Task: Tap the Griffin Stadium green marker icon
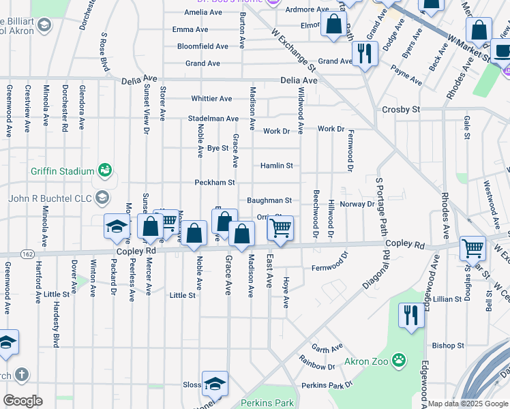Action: point(104,169)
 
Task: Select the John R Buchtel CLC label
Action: point(51,198)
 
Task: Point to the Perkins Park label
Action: point(268,403)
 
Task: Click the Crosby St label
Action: point(401,109)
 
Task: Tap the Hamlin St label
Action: point(276,166)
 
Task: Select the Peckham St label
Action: point(214,183)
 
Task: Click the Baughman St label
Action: point(269,200)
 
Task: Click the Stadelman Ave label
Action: point(213,119)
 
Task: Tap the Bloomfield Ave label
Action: point(202,46)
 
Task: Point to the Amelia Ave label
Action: point(203,12)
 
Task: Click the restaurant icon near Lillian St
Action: point(410,316)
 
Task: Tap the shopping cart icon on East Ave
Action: point(280,228)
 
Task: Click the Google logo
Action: point(22,401)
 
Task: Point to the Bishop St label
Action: point(448,346)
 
